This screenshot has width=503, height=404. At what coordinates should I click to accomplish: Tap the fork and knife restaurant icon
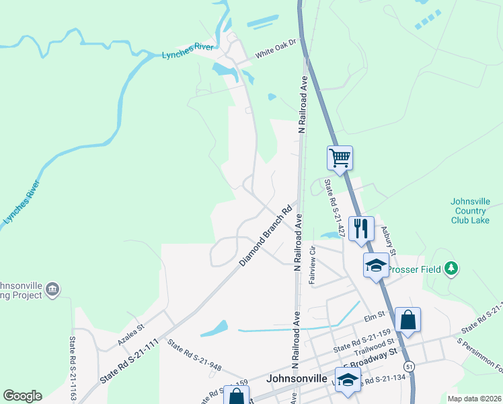click(361, 229)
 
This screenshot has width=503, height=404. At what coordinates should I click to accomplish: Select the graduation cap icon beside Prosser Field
click(376, 265)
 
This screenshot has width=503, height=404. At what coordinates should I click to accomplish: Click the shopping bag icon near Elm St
click(408, 319)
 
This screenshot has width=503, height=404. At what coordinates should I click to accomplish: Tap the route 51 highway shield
click(409, 365)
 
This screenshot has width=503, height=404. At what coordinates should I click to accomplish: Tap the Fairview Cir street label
click(313, 265)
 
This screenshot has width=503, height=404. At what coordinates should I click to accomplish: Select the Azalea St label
click(131, 334)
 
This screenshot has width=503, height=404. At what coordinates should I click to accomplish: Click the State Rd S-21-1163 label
click(72, 369)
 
